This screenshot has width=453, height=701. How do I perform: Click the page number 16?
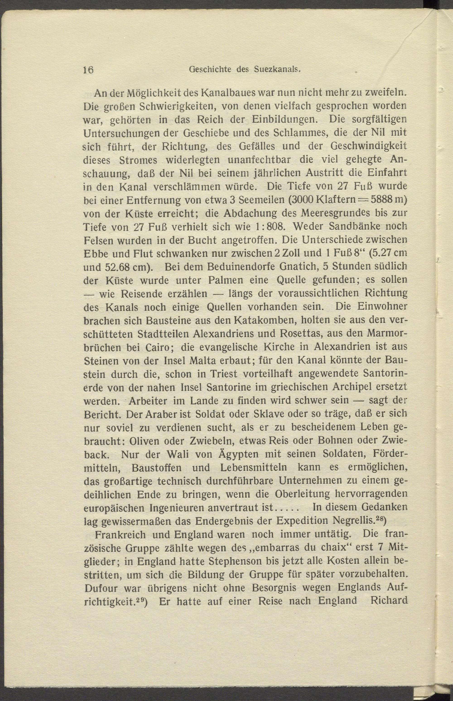(x=88, y=70)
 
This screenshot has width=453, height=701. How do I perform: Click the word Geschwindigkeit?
(x=369, y=146)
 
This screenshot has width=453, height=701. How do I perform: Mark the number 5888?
(x=384, y=200)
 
